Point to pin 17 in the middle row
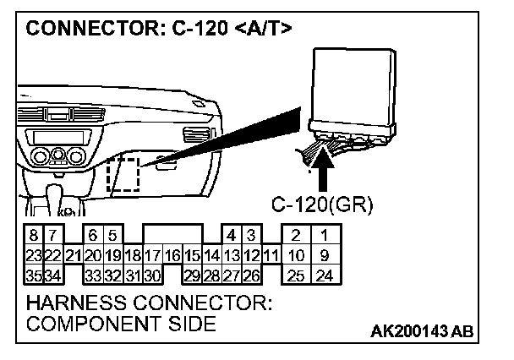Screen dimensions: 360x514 [152, 254]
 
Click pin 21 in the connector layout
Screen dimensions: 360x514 [73, 254]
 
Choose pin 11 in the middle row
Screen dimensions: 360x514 [270, 254]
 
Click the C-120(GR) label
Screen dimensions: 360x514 [315, 204]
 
